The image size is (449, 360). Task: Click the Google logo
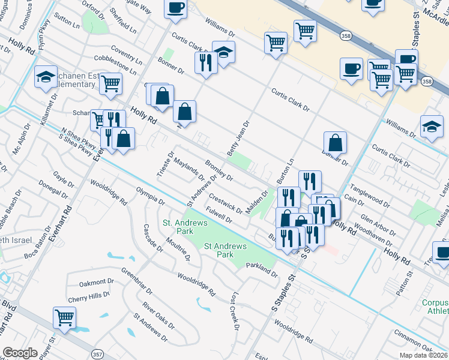[20, 353]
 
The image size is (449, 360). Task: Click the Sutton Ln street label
[66, 23]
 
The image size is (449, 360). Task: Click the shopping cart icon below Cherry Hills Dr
[64, 317]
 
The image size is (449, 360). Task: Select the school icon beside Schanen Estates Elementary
[45, 76]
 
